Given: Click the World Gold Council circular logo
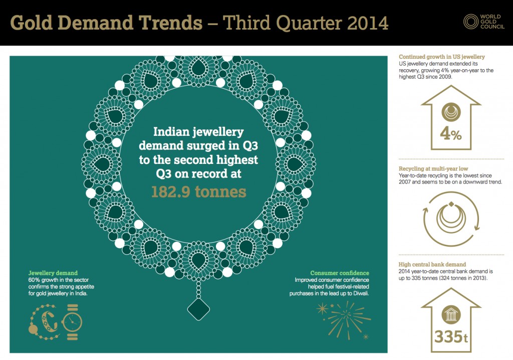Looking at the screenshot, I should [471, 22].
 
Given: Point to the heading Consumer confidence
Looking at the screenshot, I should [339, 273].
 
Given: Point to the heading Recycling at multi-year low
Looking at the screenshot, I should [433, 169].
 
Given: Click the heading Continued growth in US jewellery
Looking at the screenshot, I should [441, 57].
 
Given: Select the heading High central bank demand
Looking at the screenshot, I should [432, 264].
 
